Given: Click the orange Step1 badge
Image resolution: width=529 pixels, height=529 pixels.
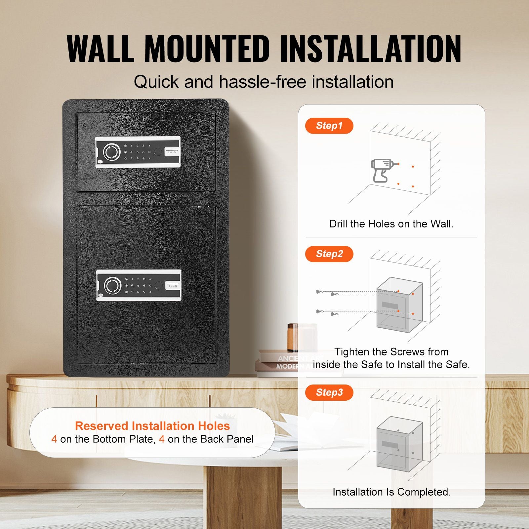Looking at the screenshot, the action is [329, 126].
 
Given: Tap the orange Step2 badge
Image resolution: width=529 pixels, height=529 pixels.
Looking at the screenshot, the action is [329, 254].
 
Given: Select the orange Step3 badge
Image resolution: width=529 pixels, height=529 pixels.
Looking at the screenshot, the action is [329, 392].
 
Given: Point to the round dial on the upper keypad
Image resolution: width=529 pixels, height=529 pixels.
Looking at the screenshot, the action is [111, 152].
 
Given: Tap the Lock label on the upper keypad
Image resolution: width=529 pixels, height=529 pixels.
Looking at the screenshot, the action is [172, 152].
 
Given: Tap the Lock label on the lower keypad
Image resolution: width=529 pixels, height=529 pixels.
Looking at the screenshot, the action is [173, 286].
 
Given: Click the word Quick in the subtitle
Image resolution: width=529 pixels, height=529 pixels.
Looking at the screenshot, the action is [156, 82].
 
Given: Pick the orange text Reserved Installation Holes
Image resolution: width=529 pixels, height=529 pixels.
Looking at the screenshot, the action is [152, 426].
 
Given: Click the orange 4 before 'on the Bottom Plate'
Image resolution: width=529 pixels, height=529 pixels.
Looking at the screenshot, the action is [54, 439].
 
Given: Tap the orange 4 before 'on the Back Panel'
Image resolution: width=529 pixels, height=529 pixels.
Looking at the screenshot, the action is [162, 439].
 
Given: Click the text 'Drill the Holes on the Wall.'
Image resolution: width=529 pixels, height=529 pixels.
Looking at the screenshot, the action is [391, 224].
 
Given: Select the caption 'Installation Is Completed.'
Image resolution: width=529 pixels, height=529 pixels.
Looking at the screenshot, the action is [392, 492].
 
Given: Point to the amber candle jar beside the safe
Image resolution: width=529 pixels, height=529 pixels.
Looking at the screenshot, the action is [293, 337].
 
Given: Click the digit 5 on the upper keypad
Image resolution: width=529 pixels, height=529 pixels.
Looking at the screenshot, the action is [138, 152].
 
